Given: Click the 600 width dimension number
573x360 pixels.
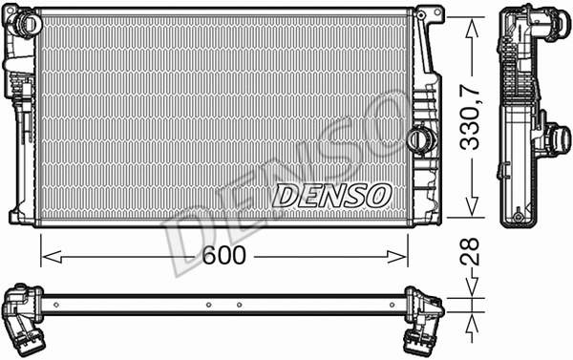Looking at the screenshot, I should [225, 255].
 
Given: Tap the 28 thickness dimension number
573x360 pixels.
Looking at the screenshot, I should [468, 253].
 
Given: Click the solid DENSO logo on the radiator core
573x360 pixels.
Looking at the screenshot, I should [332, 195].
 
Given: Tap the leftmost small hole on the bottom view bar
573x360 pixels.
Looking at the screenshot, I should [56, 306].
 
